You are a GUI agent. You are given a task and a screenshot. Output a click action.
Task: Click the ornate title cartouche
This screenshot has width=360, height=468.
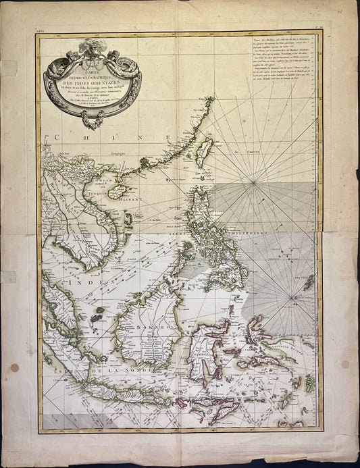point(93,80)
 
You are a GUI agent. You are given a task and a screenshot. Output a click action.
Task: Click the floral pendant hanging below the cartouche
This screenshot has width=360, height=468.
point(92,119)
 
